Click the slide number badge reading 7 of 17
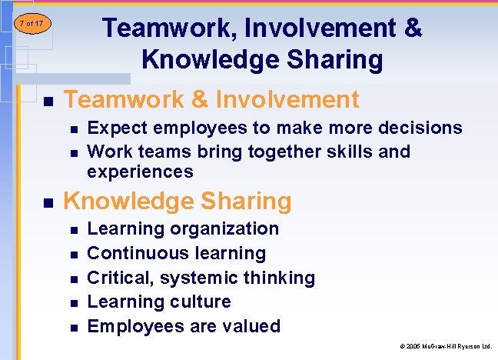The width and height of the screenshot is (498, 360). point(31,24)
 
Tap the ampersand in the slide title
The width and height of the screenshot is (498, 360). point(412,29)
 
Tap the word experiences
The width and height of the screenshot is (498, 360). point(140,172)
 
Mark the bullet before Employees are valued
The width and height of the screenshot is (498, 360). point(73,328)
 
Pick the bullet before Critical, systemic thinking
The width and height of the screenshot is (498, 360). point(73,279)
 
